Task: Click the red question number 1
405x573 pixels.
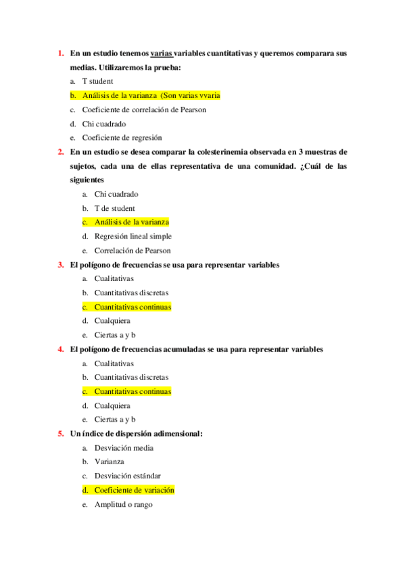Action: (60, 53)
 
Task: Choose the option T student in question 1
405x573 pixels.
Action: (97, 81)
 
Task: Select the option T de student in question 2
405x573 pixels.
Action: (114, 208)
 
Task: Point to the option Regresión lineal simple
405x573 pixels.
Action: (133, 236)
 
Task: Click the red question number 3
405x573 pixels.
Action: (60, 265)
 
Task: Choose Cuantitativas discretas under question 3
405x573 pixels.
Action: (131, 293)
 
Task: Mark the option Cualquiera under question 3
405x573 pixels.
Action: (112, 321)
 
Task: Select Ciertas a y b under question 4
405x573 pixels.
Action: (115, 420)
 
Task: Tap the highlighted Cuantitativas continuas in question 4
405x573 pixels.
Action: (133, 391)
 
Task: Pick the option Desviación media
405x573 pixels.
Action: (124, 447)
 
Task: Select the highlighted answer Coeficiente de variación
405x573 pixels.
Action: (134, 490)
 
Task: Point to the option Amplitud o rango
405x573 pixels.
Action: (123, 504)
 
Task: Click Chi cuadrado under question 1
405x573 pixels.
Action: (103, 124)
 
